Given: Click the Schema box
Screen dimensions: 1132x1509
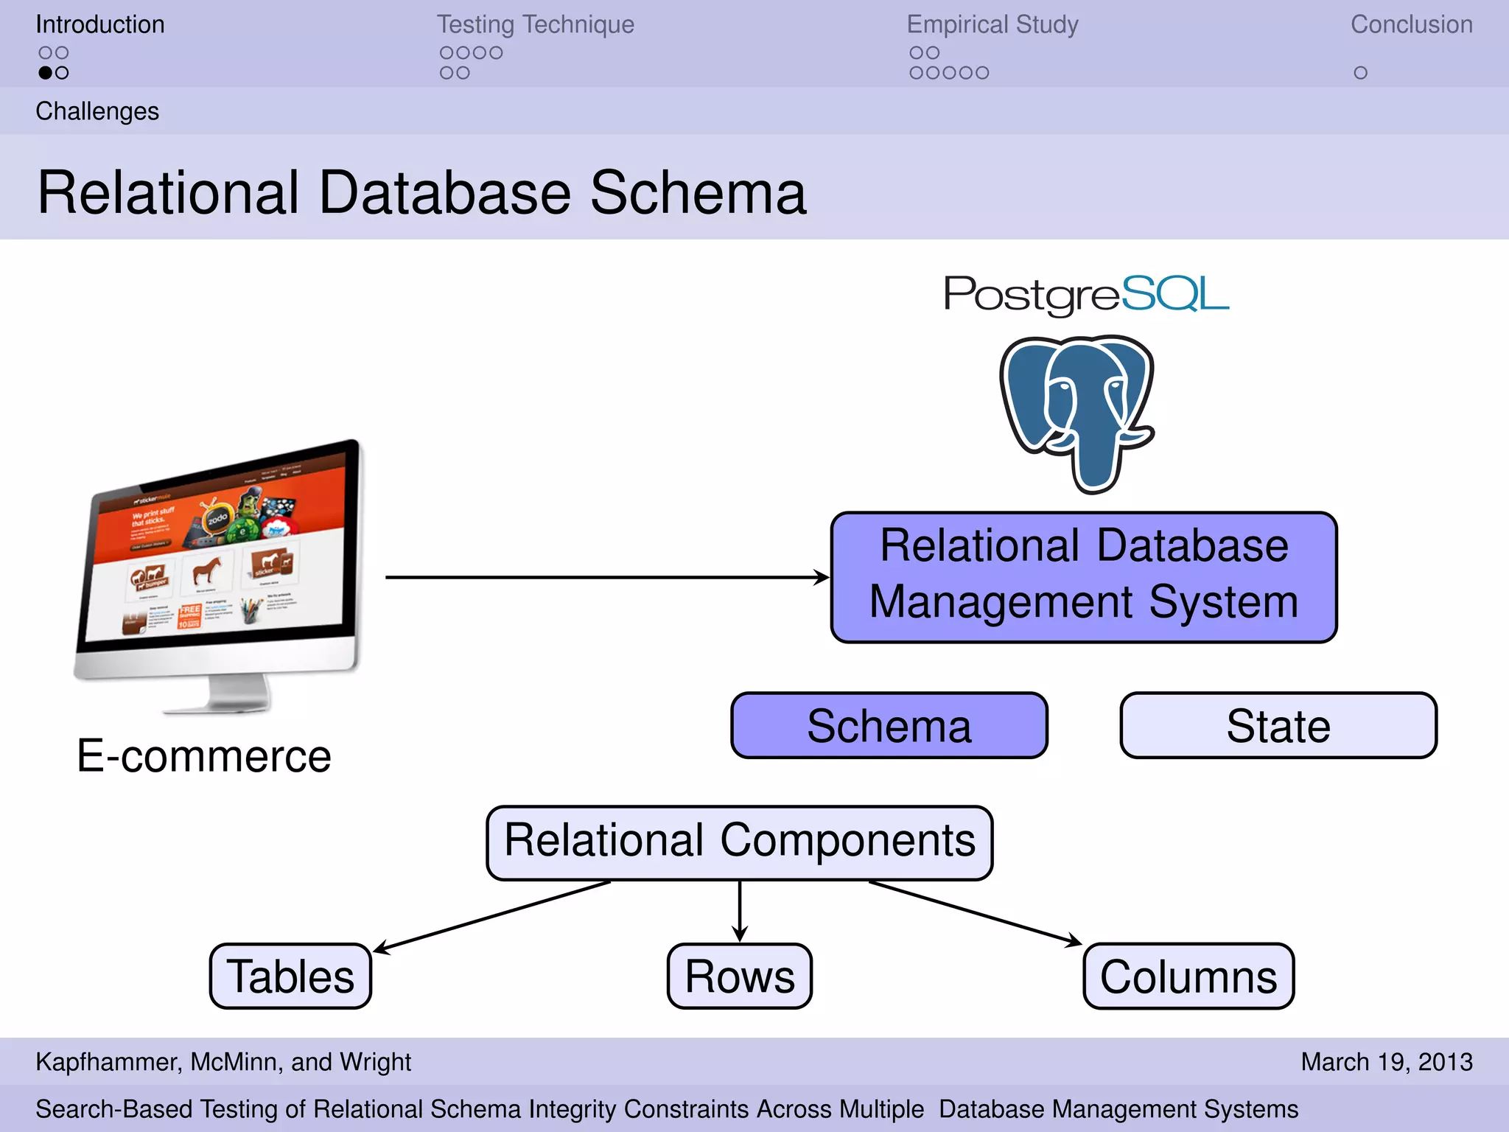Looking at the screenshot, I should click(x=889, y=726).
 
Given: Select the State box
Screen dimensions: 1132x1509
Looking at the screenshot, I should click(x=1278, y=726).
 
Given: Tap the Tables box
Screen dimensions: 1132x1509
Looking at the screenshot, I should click(x=290, y=976).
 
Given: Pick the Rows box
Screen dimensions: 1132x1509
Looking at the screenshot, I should click(x=739, y=976).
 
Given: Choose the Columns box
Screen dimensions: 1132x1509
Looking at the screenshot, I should click(x=1188, y=976).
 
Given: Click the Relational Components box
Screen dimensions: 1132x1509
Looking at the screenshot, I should click(x=739, y=842).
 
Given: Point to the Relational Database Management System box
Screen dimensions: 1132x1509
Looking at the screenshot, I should click(x=1083, y=577).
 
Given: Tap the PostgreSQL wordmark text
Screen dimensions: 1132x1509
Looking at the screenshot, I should click(x=1086, y=295).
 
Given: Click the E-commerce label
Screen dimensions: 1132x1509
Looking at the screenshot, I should click(x=204, y=756).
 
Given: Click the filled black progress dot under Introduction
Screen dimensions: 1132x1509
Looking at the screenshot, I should click(x=46, y=73).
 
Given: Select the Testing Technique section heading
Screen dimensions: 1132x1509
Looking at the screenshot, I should click(x=535, y=24).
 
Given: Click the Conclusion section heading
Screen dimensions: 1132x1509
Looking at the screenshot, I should click(x=1411, y=24).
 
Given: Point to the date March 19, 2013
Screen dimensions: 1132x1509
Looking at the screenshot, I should click(x=1386, y=1061).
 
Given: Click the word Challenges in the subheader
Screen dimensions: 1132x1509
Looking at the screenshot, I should click(x=97, y=111).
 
